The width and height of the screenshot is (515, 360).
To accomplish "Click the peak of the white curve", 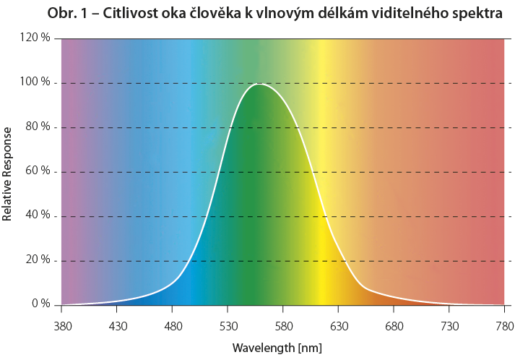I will (x=259, y=84).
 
